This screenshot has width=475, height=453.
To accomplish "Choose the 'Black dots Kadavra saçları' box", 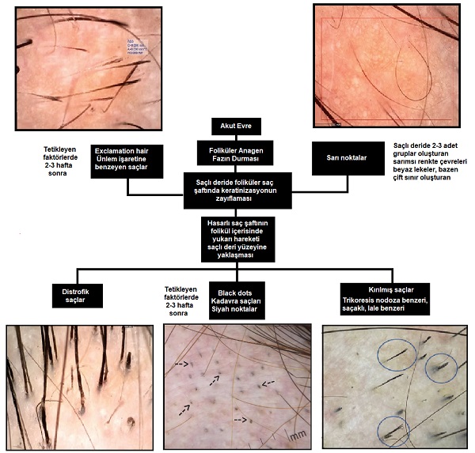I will pyautogui.click(x=235, y=296).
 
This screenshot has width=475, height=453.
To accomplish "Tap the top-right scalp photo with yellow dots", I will pyautogui.click(x=386, y=65).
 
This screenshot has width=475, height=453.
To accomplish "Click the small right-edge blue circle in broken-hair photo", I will pyautogui.click(x=441, y=366).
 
